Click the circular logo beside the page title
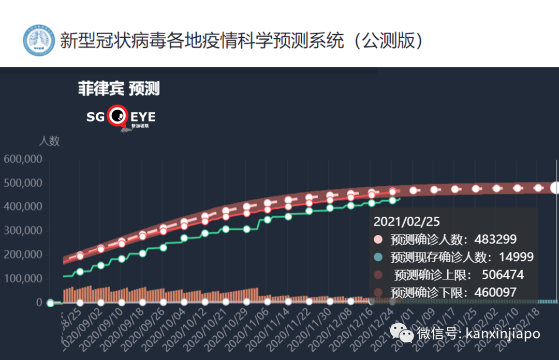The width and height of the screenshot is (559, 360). pos(39,40)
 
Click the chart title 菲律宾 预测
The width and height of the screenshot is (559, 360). pos(119,89)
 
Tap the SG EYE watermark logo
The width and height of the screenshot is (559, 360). pos(121,118)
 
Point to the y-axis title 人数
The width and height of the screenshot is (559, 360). pos(49,141)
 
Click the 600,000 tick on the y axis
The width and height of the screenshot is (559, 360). pos(23,160)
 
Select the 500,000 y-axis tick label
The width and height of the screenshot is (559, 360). pos(23,184)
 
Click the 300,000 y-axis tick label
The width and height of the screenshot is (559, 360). pos(23,231)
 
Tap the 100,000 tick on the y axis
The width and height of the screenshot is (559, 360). pos(23,279)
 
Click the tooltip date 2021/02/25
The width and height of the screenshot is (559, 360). pos(407,221)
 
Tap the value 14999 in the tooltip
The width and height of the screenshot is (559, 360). pos(516,257)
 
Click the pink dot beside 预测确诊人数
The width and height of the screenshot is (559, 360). pos(378,239)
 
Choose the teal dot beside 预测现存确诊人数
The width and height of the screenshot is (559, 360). pos(378,257)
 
